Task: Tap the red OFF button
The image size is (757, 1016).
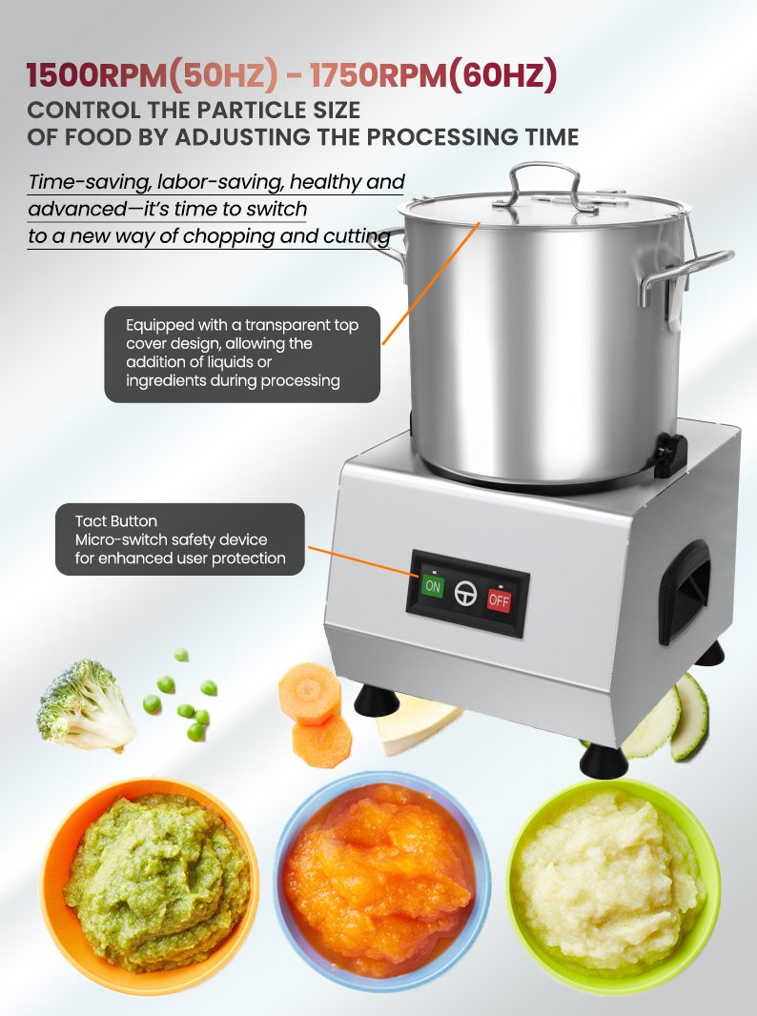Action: click(x=499, y=600)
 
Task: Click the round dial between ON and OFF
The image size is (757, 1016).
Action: click(x=465, y=593)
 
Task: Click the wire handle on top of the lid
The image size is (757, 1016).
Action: click(x=545, y=187)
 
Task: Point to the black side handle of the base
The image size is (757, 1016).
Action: click(x=684, y=591)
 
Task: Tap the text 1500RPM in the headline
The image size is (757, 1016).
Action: click(x=96, y=75)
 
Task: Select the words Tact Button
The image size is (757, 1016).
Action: click(x=116, y=521)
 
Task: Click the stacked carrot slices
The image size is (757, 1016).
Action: click(x=315, y=714)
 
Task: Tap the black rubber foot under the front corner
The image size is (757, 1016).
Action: click(x=604, y=760)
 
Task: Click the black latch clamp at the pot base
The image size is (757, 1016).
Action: click(x=670, y=454)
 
